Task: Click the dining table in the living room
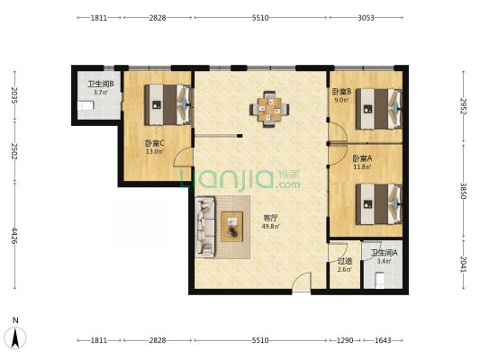tap(269, 109)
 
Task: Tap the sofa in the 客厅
tap(204, 228)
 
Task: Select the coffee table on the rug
tap(232, 227)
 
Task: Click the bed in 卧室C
tap(168, 105)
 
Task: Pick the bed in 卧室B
tap(378, 109)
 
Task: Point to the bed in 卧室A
tap(378, 204)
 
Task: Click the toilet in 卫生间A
tap(380, 281)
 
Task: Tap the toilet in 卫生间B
tap(86, 105)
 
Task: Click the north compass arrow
tap(15, 337)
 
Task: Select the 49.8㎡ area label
tap(270, 227)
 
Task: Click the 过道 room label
tap(345, 261)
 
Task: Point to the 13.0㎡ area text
tap(154, 151)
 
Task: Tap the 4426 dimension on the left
tap(14, 235)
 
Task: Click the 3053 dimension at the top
tap(366, 18)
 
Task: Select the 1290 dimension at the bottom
tap(345, 340)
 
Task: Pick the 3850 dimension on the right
tap(464, 191)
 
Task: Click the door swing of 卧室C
tap(183, 157)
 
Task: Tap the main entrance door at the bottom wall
tap(302, 282)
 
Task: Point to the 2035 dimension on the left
tap(14, 95)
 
